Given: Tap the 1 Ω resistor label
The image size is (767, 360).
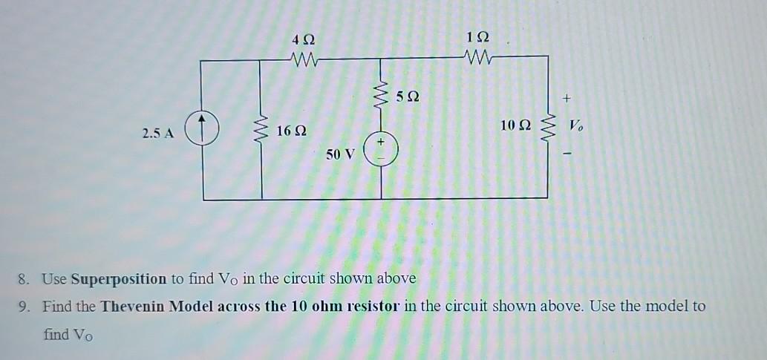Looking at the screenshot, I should pos(478,37).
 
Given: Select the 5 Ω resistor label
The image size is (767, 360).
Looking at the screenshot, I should pos(408,96).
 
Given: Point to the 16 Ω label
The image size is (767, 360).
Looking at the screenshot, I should pos(291,131).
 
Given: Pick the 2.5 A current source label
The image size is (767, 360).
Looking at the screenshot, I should pos(157,134).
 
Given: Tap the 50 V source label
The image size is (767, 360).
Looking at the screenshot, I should pos(341,154).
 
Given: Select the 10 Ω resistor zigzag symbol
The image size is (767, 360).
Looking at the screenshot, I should pos(549,128).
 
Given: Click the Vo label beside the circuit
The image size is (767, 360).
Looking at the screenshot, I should pos(575,126).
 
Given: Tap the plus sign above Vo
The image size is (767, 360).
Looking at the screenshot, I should pos(568,97).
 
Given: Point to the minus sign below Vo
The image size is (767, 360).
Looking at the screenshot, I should pos(568,154).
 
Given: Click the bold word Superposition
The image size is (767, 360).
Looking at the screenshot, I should pos(119,279).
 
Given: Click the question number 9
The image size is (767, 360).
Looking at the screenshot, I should pos(25,306).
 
